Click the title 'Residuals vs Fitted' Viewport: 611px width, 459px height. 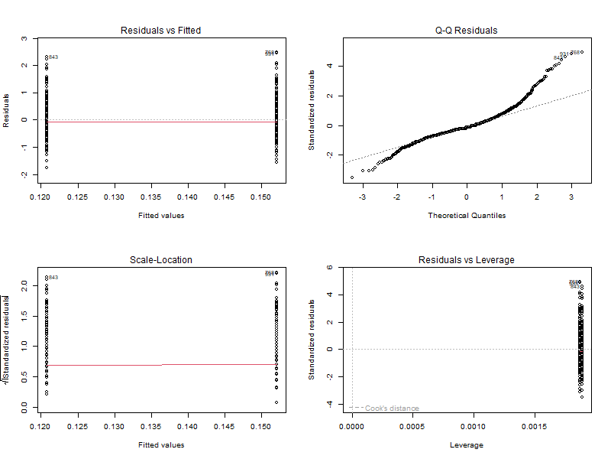point(161,31)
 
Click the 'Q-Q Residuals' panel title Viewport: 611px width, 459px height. point(466,31)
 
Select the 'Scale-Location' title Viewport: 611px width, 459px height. point(161,260)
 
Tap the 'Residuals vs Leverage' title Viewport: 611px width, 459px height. point(466,260)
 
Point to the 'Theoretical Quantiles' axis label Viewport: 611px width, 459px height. point(466,215)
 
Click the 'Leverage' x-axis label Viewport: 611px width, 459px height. point(466,444)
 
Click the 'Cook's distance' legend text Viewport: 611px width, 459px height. point(392,409)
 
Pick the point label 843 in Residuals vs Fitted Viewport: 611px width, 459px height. point(53,57)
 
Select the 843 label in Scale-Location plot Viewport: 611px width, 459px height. point(53,278)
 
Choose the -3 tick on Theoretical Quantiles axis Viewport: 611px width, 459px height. point(361,197)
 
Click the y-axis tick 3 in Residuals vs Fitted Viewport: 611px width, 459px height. point(25,38)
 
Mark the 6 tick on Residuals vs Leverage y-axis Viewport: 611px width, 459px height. point(330,268)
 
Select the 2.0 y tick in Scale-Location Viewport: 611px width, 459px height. point(23,285)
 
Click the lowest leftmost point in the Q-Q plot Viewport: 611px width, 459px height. point(352,177)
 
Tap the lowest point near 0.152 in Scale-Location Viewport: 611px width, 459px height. point(276,402)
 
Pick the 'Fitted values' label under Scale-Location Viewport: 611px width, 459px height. point(161,444)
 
